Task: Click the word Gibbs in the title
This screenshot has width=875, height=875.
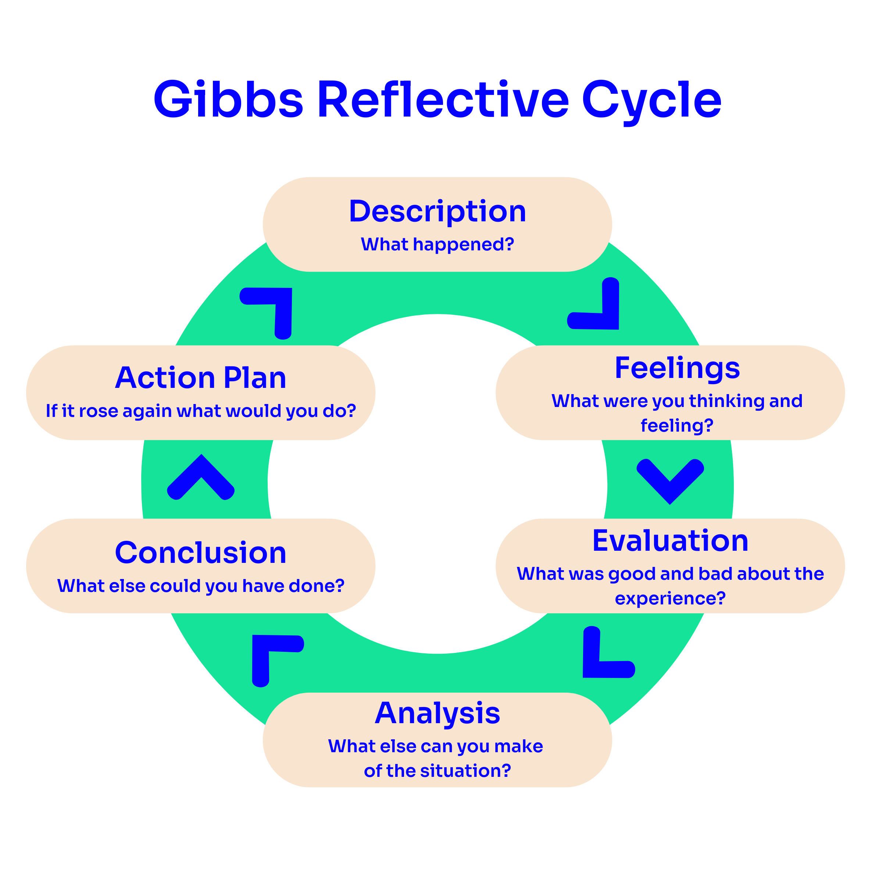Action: coord(228,100)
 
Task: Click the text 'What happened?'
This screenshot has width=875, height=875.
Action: coord(438,244)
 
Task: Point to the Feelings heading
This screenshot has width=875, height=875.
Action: coord(677,368)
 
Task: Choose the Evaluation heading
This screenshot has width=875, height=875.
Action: coord(670,541)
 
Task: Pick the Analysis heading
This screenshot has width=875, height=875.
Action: coord(438,713)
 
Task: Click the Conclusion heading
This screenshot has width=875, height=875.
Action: coord(201,553)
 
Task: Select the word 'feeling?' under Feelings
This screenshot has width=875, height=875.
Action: coord(677,426)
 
